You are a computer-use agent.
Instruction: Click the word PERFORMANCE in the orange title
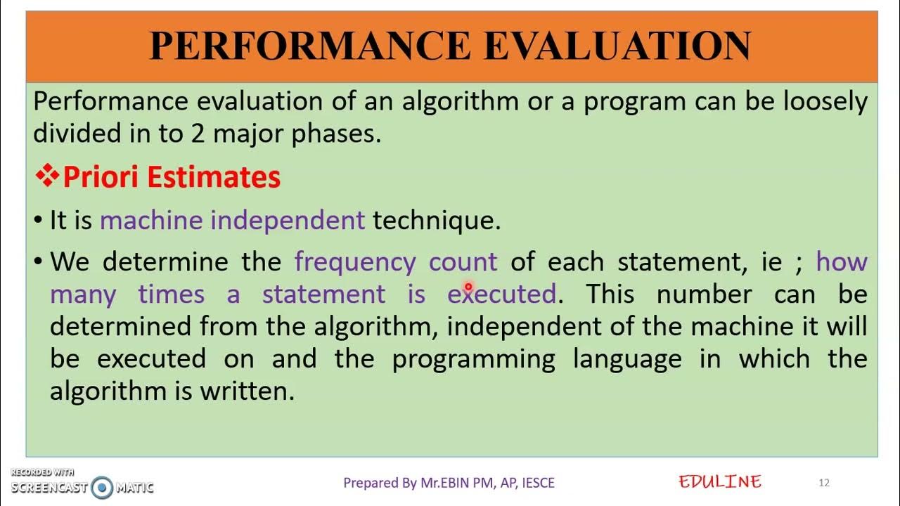309,46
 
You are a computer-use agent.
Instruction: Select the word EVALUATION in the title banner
617,46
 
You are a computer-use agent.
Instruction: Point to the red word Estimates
214,177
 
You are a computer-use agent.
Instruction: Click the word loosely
825,102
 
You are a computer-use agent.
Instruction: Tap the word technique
436,221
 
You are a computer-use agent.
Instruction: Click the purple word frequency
355,262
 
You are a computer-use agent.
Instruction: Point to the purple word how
842,262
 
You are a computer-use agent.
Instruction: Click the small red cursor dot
468,287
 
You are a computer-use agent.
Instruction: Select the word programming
473,359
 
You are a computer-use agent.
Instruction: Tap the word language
627,359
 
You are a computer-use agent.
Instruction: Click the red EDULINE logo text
719,482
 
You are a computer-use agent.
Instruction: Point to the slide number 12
824,483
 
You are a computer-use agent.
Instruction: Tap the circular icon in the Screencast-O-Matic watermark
103,487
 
